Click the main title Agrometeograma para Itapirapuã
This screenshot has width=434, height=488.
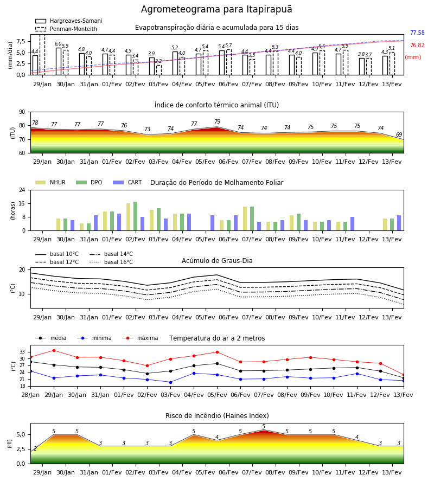[x=216, y=9]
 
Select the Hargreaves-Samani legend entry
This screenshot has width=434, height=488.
[x=69, y=21]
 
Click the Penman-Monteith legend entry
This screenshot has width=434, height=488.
[x=66, y=29]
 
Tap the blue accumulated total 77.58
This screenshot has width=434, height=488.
[x=417, y=33]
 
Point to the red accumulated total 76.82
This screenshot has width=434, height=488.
[x=417, y=45]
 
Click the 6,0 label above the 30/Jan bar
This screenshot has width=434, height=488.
[x=58, y=44]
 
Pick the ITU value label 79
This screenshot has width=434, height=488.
[x=218, y=121]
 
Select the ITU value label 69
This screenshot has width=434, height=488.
[x=399, y=134]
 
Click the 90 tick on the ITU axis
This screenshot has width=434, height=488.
[x=22, y=112]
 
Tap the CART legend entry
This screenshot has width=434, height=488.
[x=127, y=182]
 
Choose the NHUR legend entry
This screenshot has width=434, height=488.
[x=50, y=182]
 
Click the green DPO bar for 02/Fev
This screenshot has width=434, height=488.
[x=136, y=216]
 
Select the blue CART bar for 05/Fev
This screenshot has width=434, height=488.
[x=212, y=223]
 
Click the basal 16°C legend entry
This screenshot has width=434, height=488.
[x=111, y=262]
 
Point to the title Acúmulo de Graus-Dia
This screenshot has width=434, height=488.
[x=217, y=261]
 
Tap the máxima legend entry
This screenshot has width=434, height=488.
[x=140, y=338]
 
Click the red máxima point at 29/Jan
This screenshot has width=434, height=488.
[x=54, y=350]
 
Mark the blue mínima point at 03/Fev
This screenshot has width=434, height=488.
[x=170, y=382]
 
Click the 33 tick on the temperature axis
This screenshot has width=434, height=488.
[x=22, y=352]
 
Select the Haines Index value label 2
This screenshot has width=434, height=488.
[x=35, y=448]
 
